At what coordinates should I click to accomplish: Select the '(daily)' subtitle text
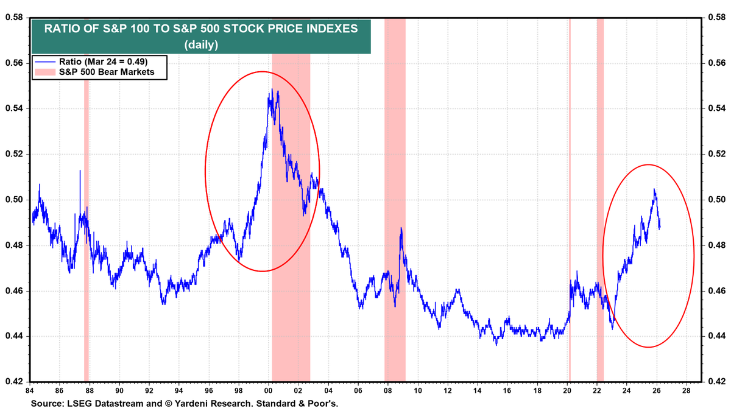pos(202,44)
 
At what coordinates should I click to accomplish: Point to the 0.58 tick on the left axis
pos(15,18)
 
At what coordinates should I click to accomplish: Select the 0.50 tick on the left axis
pos(15,200)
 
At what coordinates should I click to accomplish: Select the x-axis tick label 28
pos(686,390)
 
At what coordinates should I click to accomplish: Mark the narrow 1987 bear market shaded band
pos(87,244)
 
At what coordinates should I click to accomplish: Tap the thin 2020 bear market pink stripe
pos(570,183)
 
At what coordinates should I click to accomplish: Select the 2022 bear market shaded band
pos(600,183)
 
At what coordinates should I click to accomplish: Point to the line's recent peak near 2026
pos(654,189)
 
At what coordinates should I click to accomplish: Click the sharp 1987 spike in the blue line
pos(80,171)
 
